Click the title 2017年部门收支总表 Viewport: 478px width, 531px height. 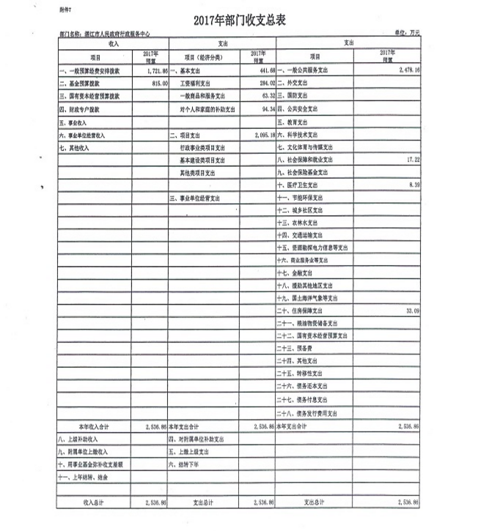coord(238,20)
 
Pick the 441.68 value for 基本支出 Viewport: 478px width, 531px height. coord(262,70)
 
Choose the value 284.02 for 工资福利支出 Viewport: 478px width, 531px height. coord(262,83)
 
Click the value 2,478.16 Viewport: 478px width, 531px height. coord(405,70)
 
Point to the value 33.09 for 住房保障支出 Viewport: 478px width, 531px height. coord(410,311)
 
